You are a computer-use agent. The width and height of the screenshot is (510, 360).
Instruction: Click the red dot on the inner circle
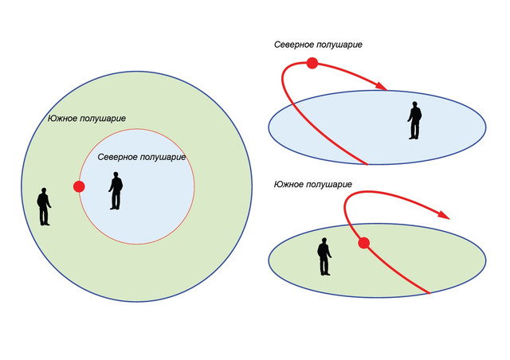tap(79, 186)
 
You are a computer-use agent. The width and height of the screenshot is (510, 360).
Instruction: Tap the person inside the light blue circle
tap(116, 190)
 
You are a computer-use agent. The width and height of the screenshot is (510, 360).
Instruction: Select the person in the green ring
tap(44, 206)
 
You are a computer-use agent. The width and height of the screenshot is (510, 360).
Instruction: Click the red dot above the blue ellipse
tap(312, 63)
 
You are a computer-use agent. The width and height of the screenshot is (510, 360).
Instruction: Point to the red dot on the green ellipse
tap(363, 243)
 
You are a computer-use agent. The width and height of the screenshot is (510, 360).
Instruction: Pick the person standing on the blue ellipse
tap(414, 120)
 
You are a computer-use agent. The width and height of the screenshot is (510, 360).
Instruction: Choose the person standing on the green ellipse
tap(324, 256)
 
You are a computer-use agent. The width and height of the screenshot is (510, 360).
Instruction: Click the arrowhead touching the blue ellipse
tap(381, 86)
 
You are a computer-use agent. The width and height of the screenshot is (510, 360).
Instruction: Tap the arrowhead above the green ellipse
tap(444, 214)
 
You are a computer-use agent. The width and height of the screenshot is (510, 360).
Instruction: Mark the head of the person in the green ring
tap(44, 190)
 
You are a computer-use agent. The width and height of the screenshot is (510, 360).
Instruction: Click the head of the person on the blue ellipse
tap(414, 104)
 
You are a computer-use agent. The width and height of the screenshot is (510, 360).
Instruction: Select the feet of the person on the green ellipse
tap(325, 274)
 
